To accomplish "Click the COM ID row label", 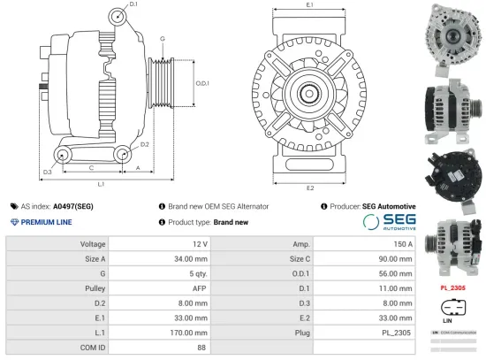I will pyautogui.click(x=93, y=349).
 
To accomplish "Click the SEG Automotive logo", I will pyautogui.click(x=389, y=222).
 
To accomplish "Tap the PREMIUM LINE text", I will pyautogui.click(x=45, y=222).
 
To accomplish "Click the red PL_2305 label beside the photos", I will pyautogui.click(x=452, y=287).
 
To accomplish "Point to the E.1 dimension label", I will pyautogui.click(x=310, y=6).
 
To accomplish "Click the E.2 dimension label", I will pyautogui.click(x=310, y=188).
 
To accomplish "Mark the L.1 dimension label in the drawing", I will pyautogui.click(x=101, y=183).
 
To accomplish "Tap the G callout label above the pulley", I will pyautogui.click(x=163, y=39).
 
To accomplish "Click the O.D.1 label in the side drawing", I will pyautogui.click(x=201, y=82).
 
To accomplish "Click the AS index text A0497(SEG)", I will pyautogui.click(x=72, y=206).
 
